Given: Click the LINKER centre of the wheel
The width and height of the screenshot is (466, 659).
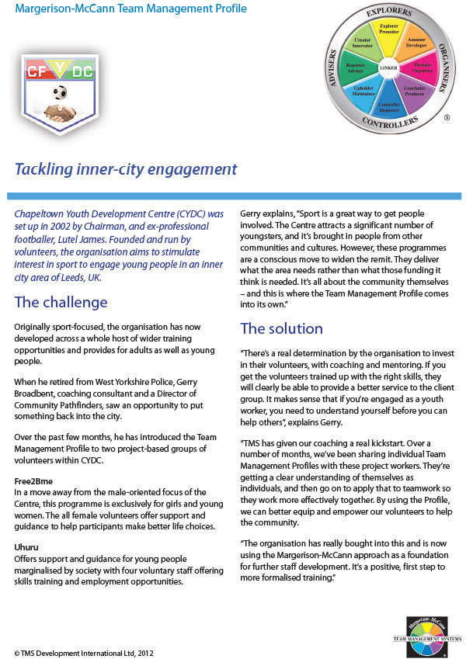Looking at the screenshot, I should pos(388,68).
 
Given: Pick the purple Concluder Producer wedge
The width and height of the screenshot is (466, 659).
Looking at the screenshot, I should pos(413,91).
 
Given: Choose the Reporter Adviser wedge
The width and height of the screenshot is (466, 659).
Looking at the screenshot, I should pos(355,69).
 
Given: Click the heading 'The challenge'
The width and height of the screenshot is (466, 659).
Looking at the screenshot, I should pos(61,302).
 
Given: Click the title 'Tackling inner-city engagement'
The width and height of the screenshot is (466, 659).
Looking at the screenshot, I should pos(126,169).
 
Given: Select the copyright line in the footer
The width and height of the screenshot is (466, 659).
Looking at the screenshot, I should pos(78,651).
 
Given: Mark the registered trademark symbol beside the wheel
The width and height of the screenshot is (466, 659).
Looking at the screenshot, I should pos(446,119).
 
